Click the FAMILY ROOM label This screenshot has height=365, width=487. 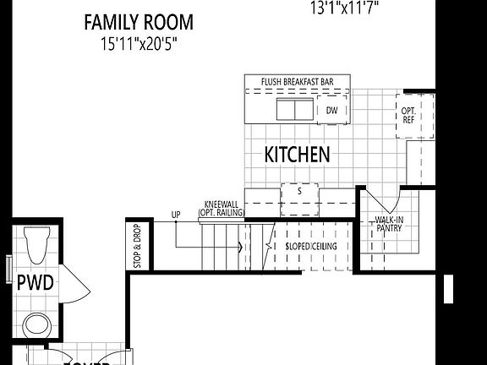(x=138, y=22)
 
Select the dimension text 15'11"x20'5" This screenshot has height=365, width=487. (x=138, y=41)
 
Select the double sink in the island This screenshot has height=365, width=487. (x=292, y=110)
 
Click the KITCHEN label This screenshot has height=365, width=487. (x=297, y=155)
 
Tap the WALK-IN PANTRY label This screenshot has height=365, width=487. (x=390, y=225)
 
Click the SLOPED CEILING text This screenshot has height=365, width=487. (x=311, y=246)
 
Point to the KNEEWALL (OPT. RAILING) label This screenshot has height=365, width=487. (x=222, y=209)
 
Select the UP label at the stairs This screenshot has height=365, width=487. (x=175, y=215)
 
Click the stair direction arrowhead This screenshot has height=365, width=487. (x=241, y=248)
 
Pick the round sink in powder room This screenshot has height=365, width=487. (x=36, y=324)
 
